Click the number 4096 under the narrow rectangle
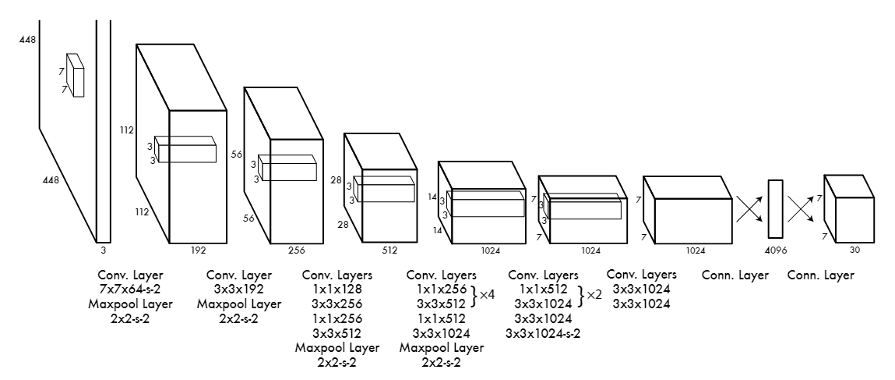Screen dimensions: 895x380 click(775, 250)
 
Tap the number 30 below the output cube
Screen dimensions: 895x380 click(854, 250)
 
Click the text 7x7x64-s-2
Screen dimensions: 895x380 click(130, 289)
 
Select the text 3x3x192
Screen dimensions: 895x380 click(239, 289)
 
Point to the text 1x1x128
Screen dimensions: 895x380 click(337, 289)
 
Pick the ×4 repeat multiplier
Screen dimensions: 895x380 click(487, 295)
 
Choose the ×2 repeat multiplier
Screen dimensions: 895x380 click(594, 295)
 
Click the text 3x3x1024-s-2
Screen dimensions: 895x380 click(543, 333)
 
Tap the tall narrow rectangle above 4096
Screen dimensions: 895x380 click(775, 209)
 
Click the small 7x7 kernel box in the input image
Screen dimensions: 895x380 click(76, 75)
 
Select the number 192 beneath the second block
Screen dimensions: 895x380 click(198, 250)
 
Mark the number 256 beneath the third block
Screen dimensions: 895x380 click(297, 250)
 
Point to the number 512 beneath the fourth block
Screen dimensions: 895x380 click(389, 250)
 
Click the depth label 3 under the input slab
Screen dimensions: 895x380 click(104, 250)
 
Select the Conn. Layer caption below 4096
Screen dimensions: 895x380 click(735, 275)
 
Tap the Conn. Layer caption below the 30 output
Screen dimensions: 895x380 click(821, 275)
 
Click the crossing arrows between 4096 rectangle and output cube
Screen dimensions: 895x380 click(801, 209)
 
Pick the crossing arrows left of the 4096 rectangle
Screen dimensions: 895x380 click(749, 209)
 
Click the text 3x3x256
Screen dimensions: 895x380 click(337, 304)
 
